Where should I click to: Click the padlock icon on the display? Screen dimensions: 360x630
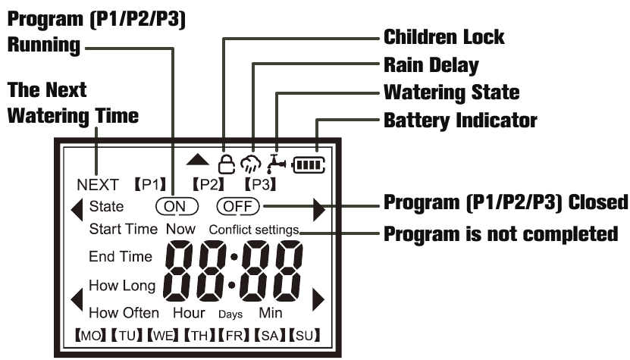click(225, 162)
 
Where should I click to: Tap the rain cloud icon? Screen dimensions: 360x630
click(251, 163)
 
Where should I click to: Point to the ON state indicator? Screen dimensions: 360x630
click(176, 205)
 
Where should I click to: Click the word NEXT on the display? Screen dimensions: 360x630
click(98, 184)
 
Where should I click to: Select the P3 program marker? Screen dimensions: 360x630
click(259, 183)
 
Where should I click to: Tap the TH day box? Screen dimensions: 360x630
click(199, 334)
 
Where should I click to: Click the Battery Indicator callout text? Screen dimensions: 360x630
click(460, 120)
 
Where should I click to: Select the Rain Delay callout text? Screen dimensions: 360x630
click(431, 64)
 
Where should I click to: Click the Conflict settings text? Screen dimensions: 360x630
click(253, 230)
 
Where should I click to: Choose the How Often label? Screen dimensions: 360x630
click(124, 312)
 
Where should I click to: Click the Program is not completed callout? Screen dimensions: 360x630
click(500, 233)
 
